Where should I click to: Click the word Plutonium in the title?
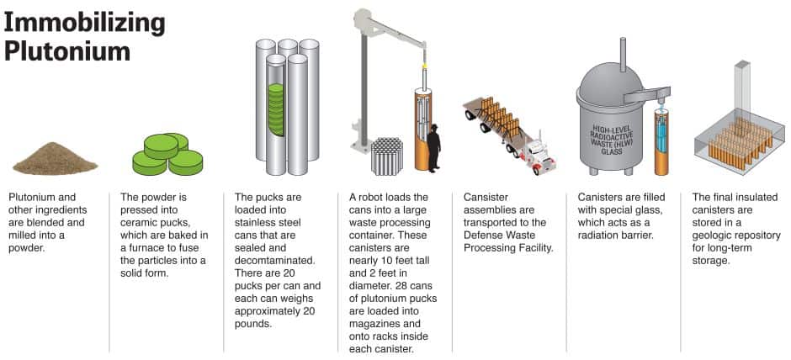pyautogui.click(x=67, y=51)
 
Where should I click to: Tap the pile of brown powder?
pyautogui.click(x=55, y=158)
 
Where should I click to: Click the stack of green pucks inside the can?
pyautogui.click(x=276, y=109)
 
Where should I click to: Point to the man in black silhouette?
pyautogui.click(x=433, y=147)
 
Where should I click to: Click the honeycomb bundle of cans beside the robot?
pyautogui.click(x=387, y=156)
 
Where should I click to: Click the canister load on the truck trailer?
pyautogui.click(x=499, y=119)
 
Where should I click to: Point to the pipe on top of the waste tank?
pyautogui.click(x=623, y=55)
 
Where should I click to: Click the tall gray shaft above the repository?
pyautogui.click(x=742, y=89)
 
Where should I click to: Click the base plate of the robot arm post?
pyautogui.click(x=362, y=146)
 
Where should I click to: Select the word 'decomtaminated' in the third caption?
pyautogui.click(x=275, y=261)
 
